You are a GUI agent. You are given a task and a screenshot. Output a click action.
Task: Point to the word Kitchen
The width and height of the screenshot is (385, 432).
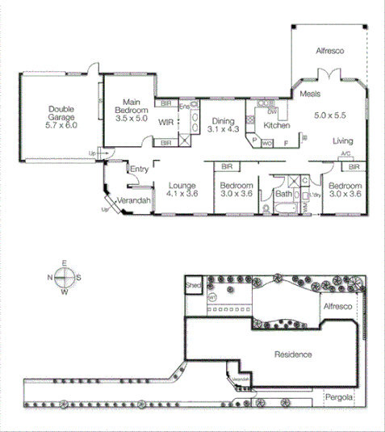[x=276, y=125]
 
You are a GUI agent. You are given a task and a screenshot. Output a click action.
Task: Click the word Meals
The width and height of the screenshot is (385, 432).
[x=310, y=94]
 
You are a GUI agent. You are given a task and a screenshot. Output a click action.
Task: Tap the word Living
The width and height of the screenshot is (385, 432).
[x=343, y=141]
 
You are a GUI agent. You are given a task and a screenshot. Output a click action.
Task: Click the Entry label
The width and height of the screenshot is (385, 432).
[x=139, y=170]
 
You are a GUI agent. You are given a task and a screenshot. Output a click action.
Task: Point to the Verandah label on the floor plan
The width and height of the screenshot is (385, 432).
[x=134, y=199]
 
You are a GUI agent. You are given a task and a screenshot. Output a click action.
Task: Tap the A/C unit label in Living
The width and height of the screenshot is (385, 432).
[x=345, y=154]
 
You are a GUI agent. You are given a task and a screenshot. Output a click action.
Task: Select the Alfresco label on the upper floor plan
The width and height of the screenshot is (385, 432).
[x=329, y=51]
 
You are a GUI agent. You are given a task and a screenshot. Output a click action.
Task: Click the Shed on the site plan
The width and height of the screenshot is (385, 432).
[x=193, y=286]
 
